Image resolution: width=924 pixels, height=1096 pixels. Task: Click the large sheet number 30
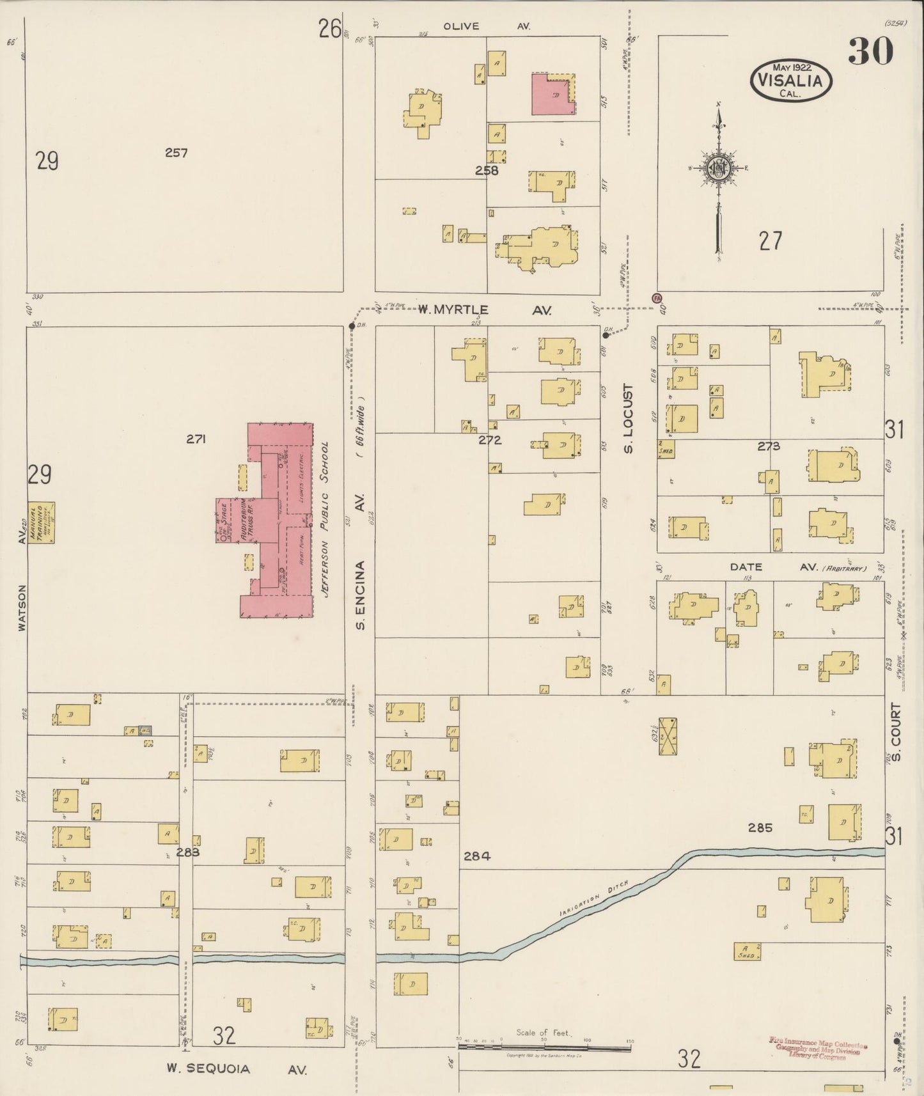pos(870,52)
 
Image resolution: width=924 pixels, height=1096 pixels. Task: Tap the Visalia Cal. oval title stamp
pos(791,81)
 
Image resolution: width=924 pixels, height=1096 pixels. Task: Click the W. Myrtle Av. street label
pos(484,310)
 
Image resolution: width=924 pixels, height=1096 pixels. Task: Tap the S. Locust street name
pos(628,419)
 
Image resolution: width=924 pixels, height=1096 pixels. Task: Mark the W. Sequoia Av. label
pos(236,1069)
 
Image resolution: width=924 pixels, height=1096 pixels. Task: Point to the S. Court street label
pos(895,732)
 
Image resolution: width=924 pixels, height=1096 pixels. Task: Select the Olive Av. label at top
pos(487,26)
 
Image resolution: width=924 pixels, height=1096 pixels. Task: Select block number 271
pos(196,439)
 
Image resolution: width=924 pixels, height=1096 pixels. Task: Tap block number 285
pos(760,827)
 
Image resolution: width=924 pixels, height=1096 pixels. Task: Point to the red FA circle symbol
pos(656,298)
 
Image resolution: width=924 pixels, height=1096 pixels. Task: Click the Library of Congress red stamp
pos(818,1049)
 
